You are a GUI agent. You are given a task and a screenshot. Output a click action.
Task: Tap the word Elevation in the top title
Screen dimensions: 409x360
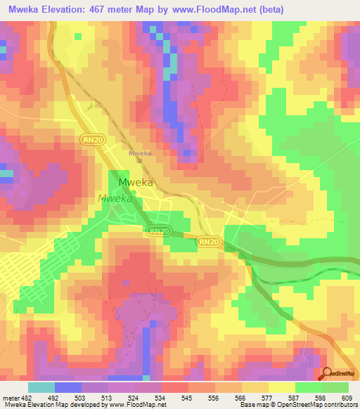pos(70,10)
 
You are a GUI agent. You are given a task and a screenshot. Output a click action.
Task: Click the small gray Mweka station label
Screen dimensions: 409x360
pos(141,152)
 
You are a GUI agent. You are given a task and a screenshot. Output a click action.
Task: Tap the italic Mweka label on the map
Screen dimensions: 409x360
pos(115,198)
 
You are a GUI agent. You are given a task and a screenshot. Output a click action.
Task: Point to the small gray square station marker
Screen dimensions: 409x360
pos(140,160)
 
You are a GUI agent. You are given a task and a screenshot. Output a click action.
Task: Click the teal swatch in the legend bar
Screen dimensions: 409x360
pos(41,387)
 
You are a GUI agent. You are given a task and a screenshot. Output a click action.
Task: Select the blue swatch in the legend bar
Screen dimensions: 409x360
pos(68,387)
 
